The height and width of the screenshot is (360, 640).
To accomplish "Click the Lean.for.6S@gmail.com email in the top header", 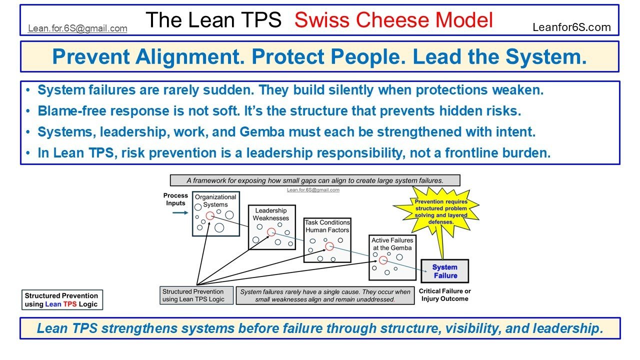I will point(77,28).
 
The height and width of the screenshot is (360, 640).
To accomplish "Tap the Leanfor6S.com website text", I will point(571,27).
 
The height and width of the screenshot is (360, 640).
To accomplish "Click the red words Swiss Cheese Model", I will point(393,20).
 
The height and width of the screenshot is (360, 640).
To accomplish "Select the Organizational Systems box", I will point(215,213).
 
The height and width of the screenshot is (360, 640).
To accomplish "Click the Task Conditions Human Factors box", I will point(327,239).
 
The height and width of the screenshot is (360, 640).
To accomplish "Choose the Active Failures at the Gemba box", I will point(392,256).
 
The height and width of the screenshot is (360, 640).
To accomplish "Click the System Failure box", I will point(444,271).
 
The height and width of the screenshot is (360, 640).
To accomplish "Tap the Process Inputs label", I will point(175,199).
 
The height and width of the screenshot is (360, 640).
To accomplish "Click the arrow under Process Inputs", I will point(180,212).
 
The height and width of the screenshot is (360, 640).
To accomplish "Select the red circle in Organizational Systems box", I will point(210,215).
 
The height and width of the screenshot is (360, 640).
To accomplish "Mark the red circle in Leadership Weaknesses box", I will point(271,232).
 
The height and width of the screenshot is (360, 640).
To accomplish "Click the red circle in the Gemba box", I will point(383,260).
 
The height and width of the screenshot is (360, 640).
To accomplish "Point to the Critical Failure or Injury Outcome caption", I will point(444,295).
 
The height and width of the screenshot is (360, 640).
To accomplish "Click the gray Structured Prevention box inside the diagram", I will point(197,295).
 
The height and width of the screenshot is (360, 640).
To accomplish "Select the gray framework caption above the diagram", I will point(314,180).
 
